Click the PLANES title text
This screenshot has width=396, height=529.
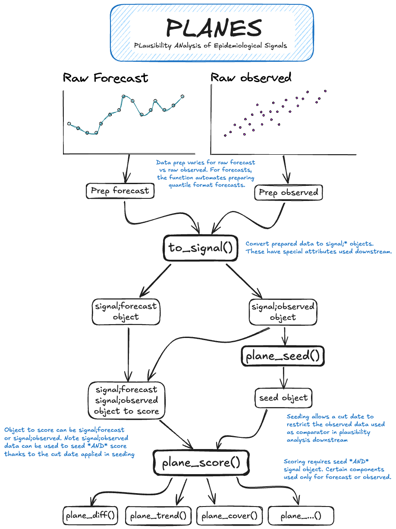click(214, 29)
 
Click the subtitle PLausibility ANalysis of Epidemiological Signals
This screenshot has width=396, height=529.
click(210, 45)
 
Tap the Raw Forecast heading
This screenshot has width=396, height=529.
click(106, 78)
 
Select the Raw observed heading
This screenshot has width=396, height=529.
click(251, 78)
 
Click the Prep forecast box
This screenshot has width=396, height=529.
click(120, 191)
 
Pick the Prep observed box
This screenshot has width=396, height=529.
click(288, 192)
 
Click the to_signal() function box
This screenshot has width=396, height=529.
click(201, 248)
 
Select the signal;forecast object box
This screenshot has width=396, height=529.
click(126, 311)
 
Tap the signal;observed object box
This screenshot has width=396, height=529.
click(283, 312)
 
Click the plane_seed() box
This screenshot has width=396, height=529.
click(282, 357)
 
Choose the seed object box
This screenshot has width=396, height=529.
click(283, 398)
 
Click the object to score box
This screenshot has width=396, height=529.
click(126, 400)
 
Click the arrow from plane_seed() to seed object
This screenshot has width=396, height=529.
click(283, 378)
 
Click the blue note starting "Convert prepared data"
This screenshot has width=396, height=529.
click(318, 248)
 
